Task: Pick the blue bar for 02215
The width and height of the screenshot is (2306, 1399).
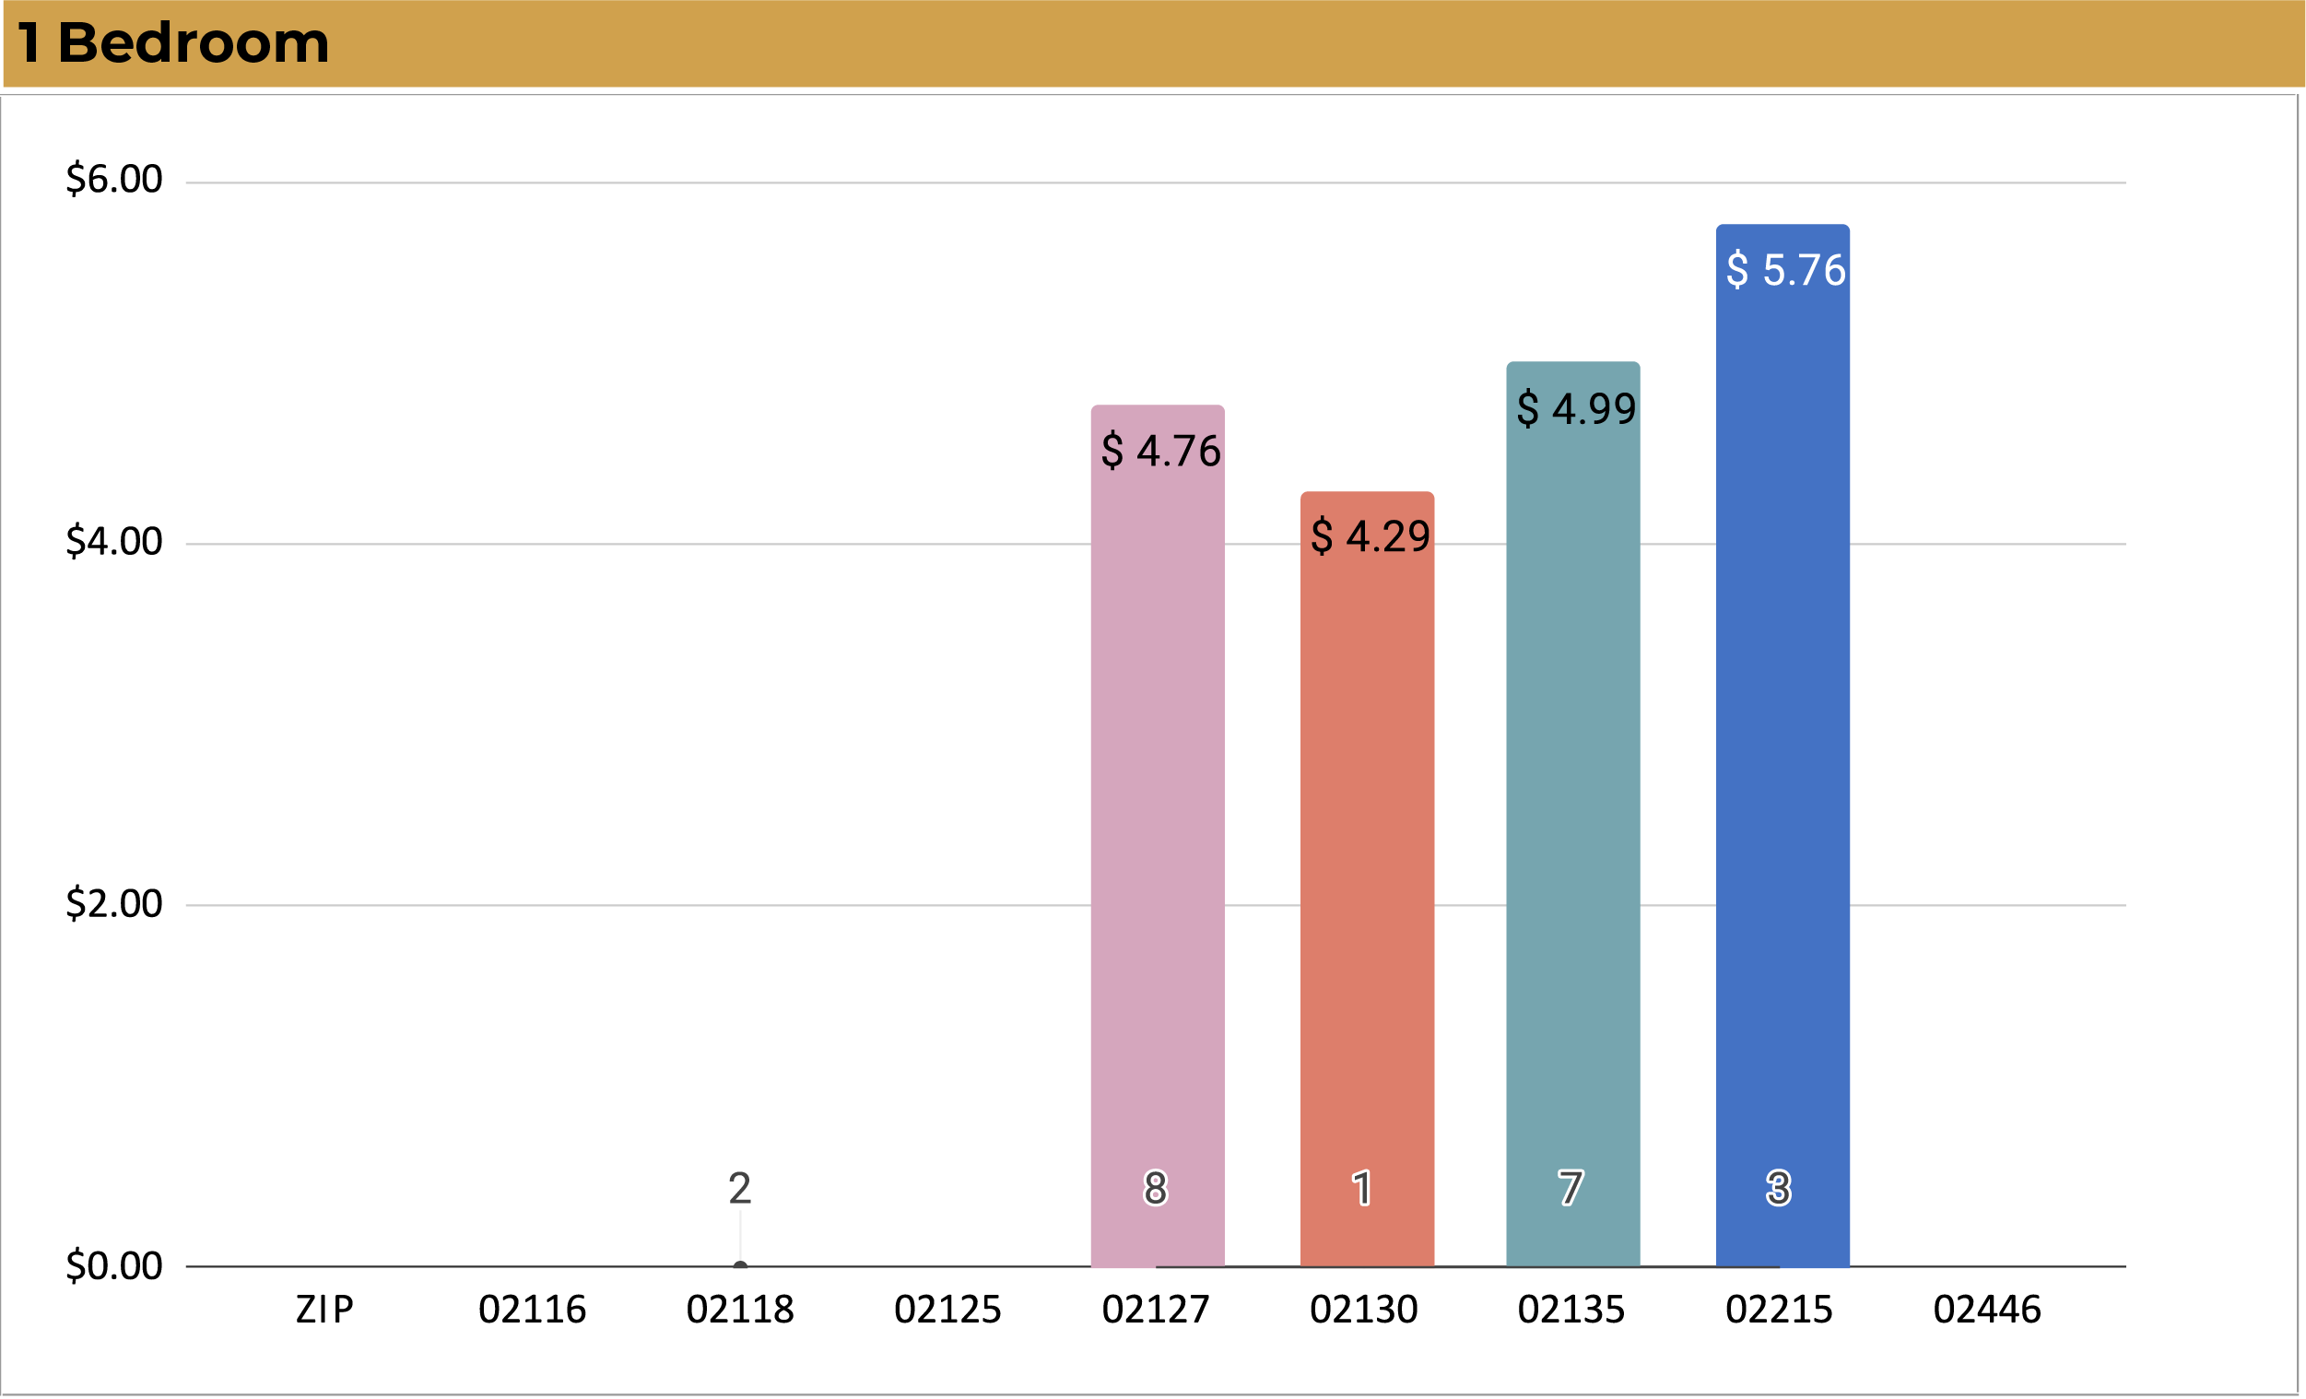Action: click(x=1782, y=748)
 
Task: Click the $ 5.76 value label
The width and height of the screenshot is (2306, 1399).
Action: click(x=1784, y=270)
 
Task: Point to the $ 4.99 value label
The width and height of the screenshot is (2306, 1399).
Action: click(x=1576, y=409)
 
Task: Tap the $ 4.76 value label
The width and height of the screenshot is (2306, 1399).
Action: click(x=1160, y=451)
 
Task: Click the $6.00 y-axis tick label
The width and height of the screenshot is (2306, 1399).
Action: click(x=114, y=179)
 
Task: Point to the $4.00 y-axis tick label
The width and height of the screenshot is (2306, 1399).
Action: click(x=114, y=541)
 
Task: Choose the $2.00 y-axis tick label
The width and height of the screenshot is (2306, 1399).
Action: click(x=114, y=903)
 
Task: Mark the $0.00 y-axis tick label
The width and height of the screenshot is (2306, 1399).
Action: click(x=114, y=1265)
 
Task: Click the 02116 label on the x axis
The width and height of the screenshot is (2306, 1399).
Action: click(x=532, y=1310)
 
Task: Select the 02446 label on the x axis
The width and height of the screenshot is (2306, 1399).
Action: click(x=1987, y=1310)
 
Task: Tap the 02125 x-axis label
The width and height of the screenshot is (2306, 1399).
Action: click(x=947, y=1310)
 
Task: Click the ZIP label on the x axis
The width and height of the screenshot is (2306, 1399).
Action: click(x=324, y=1310)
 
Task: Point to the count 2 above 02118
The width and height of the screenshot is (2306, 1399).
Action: click(x=739, y=1189)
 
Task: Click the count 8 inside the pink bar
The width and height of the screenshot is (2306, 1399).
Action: click(x=1156, y=1189)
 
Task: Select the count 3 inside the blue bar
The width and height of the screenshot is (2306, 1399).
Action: click(x=1778, y=1189)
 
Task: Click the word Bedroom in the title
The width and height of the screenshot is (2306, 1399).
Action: click(x=193, y=43)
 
